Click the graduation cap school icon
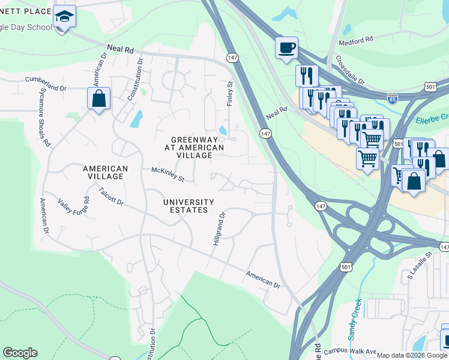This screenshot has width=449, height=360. pyautogui.click(x=64, y=18)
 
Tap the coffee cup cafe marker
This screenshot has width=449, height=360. pyautogui.click(x=287, y=47)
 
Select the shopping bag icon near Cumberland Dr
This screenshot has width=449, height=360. pyautogui.click(x=98, y=98)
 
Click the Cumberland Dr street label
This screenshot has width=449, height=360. pyautogui.click(x=46, y=83)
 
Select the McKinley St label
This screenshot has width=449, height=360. pyautogui.click(x=168, y=174)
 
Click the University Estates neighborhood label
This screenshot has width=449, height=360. pyautogui.click(x=189, y=206)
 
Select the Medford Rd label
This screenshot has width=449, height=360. pyautogui.click(x=357, y=39)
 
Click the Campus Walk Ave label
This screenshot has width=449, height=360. pyautogui.click(x=349, y=352)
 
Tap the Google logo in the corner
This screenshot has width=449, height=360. pyautogui.click(x=20, y=353)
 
